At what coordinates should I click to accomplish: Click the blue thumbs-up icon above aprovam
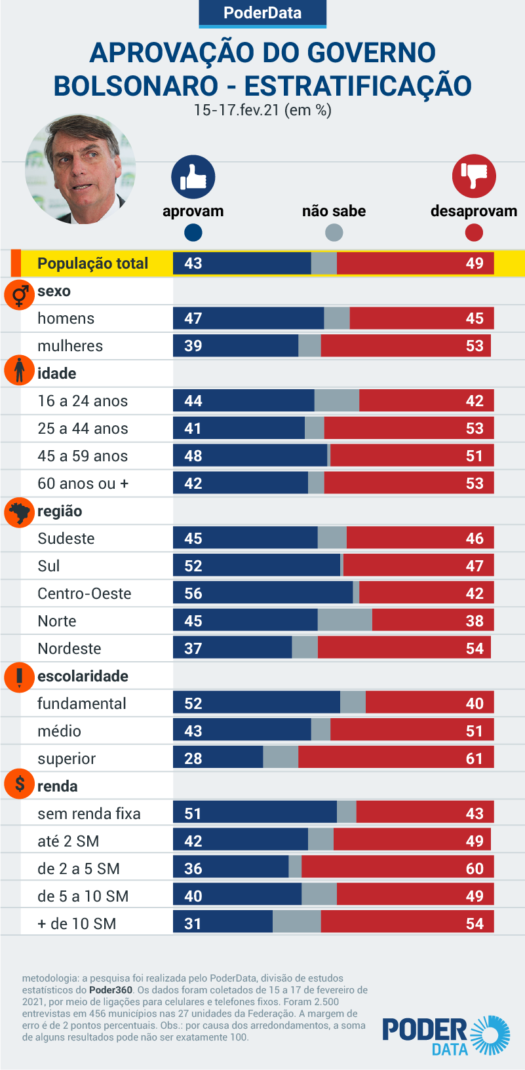(x=193, y=177)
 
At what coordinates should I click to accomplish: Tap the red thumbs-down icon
(x=474, y=176)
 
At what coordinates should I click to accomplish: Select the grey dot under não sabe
(x=334, y=233)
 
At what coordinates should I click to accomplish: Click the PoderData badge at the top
(x=262, y=13)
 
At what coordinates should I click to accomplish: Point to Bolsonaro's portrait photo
(x=80, y=170)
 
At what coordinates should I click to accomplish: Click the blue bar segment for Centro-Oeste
(x=263, y=593)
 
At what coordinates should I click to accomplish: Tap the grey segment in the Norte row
(x=345, y=621)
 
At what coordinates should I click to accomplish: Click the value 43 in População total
(x=193, y=263)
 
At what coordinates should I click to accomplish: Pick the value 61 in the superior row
(x=475, y=759)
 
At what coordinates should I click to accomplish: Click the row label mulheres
(x=70, y=346)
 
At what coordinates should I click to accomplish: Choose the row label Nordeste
(x=69, y=649)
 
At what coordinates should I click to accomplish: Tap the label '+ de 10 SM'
(x=77, y=924)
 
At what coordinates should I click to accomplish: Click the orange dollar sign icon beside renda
(x=20, y=784)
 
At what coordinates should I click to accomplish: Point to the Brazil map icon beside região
(x=20, y=512)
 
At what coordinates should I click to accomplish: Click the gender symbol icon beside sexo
(x=20, y=295)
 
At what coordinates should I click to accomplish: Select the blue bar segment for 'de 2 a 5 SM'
(x=231, y=868)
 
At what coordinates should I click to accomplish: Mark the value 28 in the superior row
(x=193, y=759)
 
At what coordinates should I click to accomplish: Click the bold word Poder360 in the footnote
(x=111, y=990)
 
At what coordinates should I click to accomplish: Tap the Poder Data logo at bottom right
(x=446, y=1035)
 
